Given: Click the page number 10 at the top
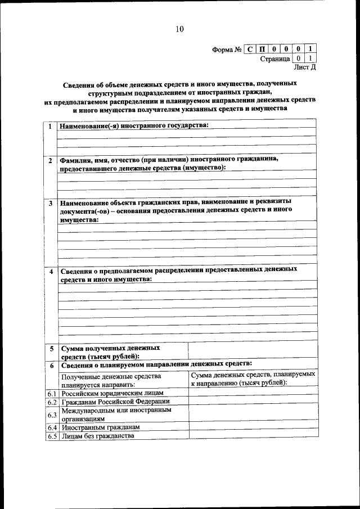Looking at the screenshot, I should tap(179, 29).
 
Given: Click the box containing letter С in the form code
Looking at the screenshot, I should tap(250, 49).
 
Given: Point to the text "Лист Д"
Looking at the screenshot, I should tap(305, 67).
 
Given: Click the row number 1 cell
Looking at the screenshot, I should tap(51, 126).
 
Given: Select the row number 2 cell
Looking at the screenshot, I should tap(51, 160).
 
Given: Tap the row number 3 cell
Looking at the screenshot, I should tap(51, 203).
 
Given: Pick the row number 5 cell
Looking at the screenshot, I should tap(51, 349).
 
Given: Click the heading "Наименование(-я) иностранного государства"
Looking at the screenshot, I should tap(134, 125).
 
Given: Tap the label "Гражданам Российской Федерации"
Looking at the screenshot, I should tap(115, 402).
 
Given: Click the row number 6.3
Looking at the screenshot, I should tap(52, 415).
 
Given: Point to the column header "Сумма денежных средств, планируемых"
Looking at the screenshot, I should tap(253, 374).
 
